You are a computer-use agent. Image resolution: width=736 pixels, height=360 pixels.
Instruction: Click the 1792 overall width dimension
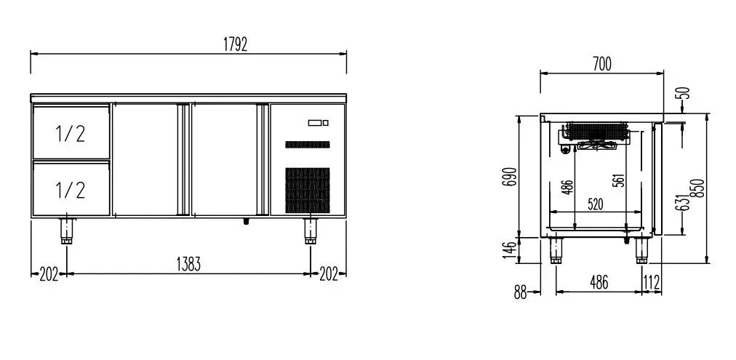tap(235, 44)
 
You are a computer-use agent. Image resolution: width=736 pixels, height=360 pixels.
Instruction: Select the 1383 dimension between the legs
tap(188, 264)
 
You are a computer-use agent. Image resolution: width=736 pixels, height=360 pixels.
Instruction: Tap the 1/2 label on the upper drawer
tap(71, 134)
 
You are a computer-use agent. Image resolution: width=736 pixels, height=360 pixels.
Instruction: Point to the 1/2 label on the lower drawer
tap(71, 190)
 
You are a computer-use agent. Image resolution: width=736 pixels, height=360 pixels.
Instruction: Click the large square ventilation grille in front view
tap(308, 190)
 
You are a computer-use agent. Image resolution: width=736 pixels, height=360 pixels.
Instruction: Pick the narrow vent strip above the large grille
tap(308, 145)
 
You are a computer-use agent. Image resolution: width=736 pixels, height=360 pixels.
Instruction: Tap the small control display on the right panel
tap(319, 123)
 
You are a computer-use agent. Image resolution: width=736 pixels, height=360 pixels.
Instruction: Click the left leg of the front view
tap(67, 231)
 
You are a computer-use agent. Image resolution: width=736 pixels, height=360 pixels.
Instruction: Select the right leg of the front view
tap(311, 231)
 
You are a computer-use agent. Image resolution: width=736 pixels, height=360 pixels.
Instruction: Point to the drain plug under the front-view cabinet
tap(246, 220)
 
